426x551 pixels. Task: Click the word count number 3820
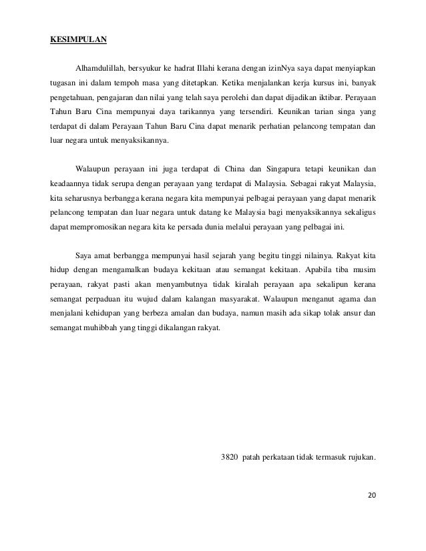pos(230,458)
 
